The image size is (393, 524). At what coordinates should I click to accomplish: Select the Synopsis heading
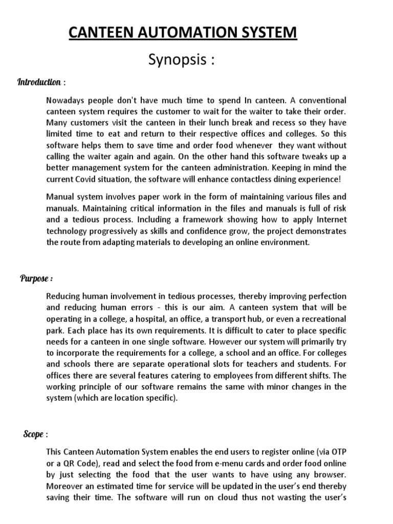pyautogui.click(x=180, y=60)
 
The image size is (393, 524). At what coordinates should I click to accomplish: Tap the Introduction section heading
pyautogui.click(x=39, y=82)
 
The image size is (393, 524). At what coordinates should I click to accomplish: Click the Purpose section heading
pyautogui.click(x=36, y=278)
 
